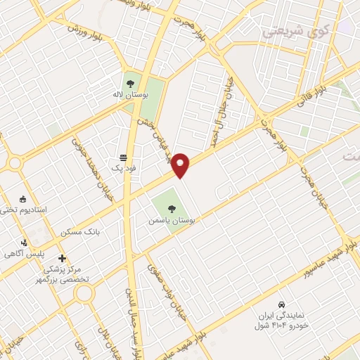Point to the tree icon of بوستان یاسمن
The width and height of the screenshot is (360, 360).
click(x=172, y=207)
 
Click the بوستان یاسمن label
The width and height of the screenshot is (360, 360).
click(x=171, y=220)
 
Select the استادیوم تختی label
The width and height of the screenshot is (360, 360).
click(x=24, y=210)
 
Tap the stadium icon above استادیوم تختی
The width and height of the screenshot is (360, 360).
click(x=23, y=198)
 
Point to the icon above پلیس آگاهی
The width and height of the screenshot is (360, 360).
click(x=25, y=243)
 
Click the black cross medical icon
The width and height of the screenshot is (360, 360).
click(x=63, y=258)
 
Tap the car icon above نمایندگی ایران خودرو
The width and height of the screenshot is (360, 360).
click(x=281, y=305)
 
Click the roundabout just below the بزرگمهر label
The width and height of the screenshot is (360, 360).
click(x=84, y=292)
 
